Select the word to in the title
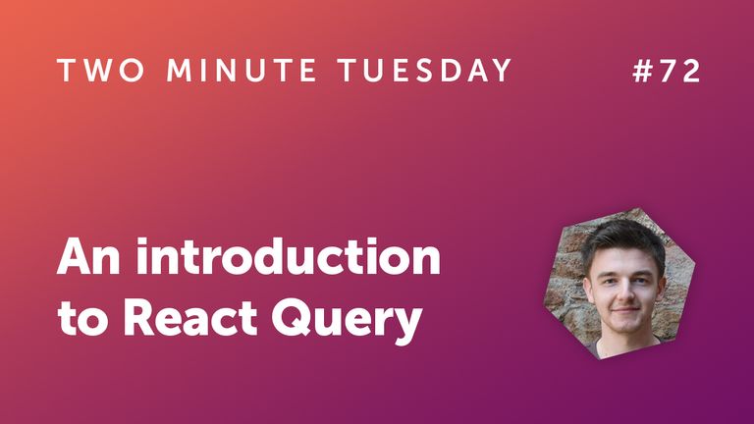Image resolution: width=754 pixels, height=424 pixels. [x=78, y=320]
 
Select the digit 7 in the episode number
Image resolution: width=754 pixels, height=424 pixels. [x=671, y=72]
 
